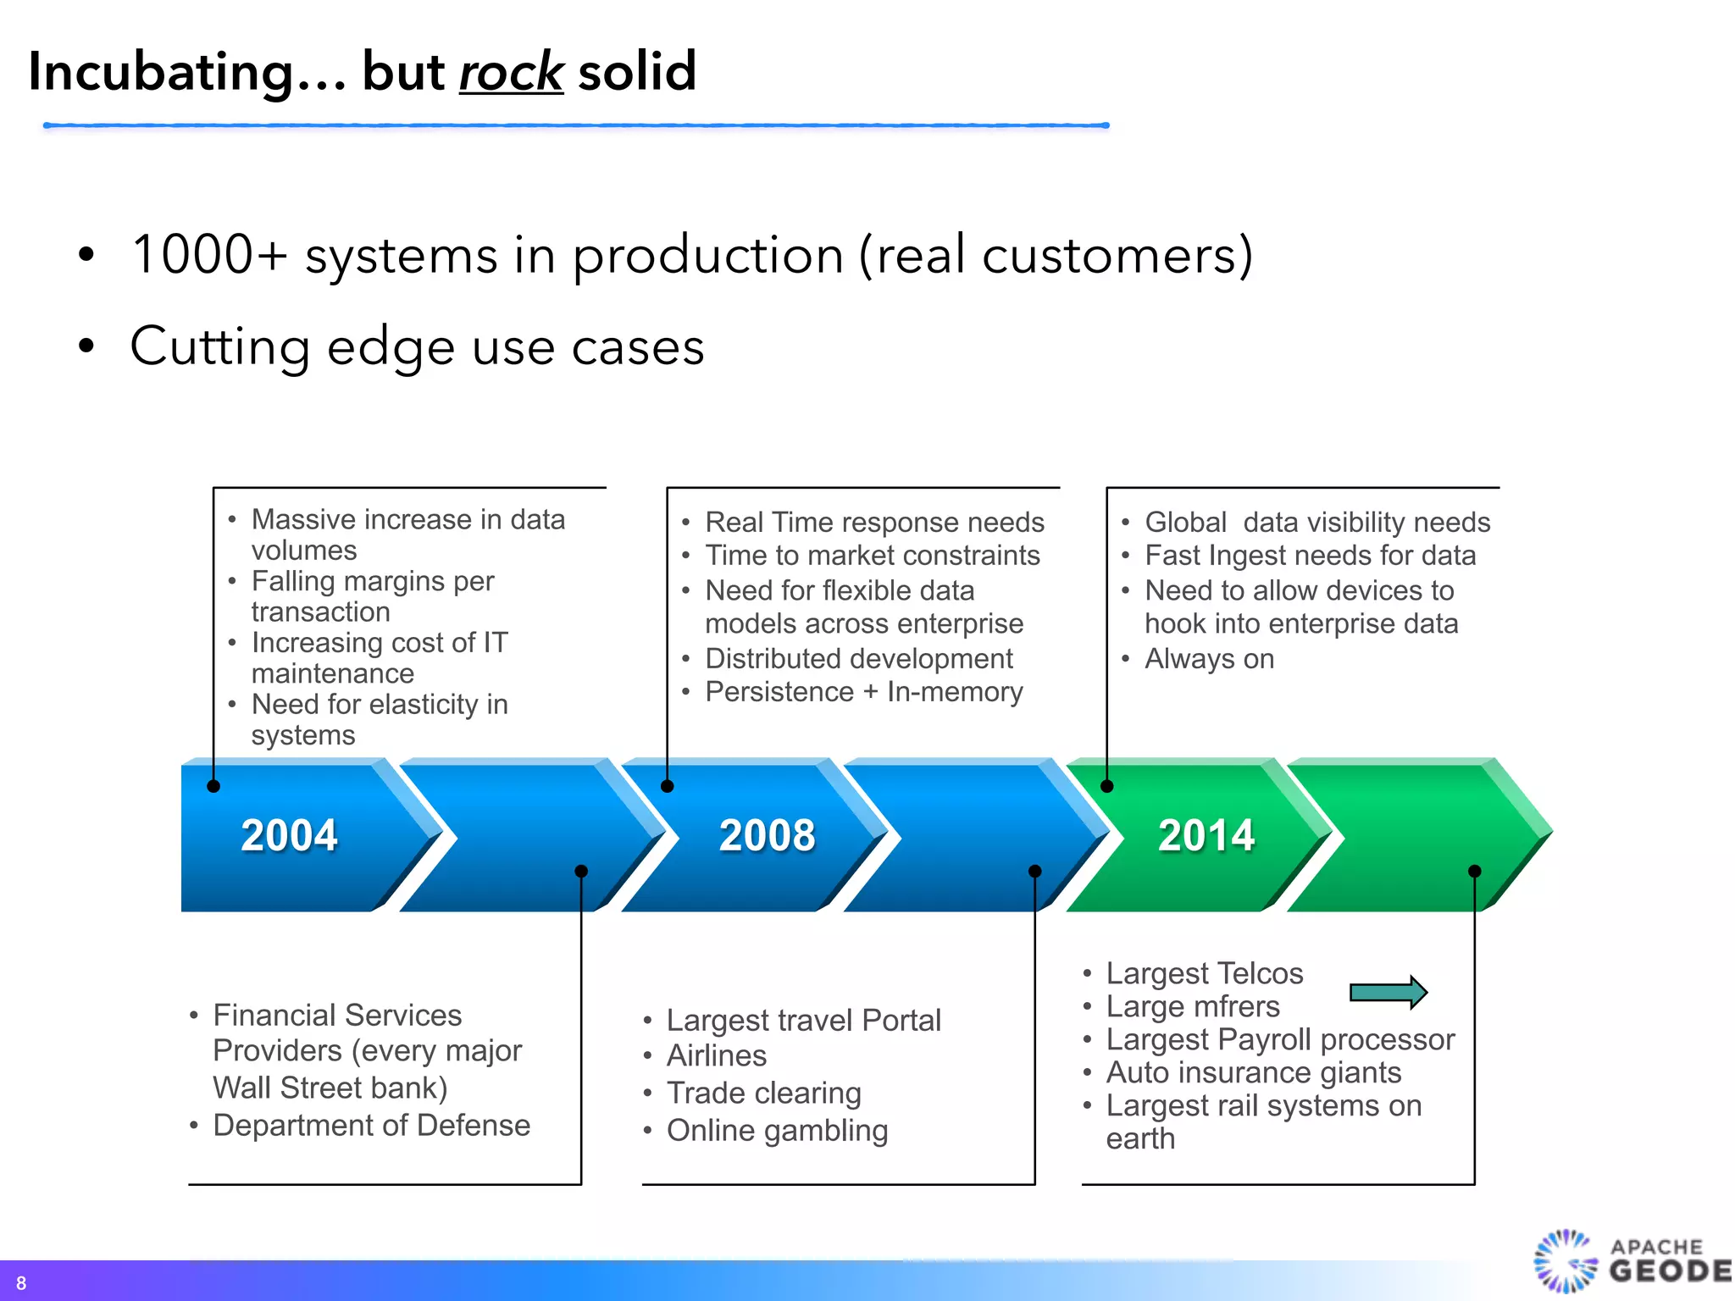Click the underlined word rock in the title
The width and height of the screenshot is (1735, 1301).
point(511,72)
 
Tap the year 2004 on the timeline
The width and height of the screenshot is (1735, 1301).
point(289,835)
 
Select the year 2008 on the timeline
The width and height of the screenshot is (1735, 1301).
point(767,835)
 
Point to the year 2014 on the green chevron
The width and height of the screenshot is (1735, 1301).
point(1206,835)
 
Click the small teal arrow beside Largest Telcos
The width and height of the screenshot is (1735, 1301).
point(1388,992)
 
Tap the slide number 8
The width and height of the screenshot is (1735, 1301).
point(21,1283)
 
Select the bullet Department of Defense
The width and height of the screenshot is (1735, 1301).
point(371,1125)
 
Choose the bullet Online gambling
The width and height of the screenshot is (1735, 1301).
point(777,1130)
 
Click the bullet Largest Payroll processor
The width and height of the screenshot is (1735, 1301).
point(1280,1039)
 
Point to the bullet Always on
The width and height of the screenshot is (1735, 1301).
point(1209,659)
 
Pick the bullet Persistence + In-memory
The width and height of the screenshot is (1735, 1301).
point(864,692)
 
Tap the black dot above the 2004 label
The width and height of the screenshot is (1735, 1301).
point(213,786)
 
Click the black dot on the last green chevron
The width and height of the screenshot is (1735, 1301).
point(1474,871)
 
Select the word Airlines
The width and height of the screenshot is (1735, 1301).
point(717,1055)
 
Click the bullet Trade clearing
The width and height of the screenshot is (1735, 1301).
point(763,1093)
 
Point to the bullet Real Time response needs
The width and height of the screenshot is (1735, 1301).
point(874,523)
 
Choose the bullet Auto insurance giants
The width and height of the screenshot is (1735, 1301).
point(1253,1072)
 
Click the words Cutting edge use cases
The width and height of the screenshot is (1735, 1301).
point(417,346)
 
